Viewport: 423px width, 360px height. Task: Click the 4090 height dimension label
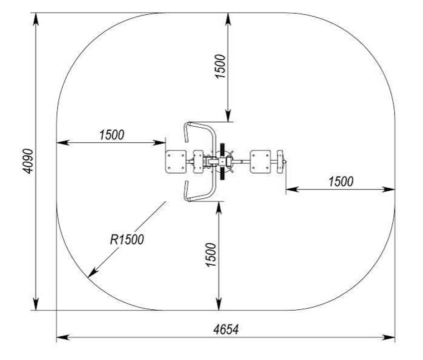(28, 161)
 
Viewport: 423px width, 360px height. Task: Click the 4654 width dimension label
(226, 330)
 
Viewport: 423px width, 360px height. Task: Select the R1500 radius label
(127, 239)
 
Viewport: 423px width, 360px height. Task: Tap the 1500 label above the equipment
(220, 66)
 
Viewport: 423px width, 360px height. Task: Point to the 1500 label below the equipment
(211, 255)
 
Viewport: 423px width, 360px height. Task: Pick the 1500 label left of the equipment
(112, 135)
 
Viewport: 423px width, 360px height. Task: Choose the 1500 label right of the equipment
(341, 181)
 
